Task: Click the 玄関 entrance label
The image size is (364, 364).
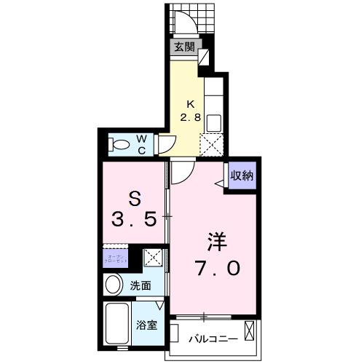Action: tap(184, 47)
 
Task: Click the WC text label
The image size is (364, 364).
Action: tap(142, 144)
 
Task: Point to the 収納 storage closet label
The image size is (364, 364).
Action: tap(242, 175)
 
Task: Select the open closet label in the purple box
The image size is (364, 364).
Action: tap(115, 258)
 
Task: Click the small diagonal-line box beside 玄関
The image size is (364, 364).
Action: tap(203, 56)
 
